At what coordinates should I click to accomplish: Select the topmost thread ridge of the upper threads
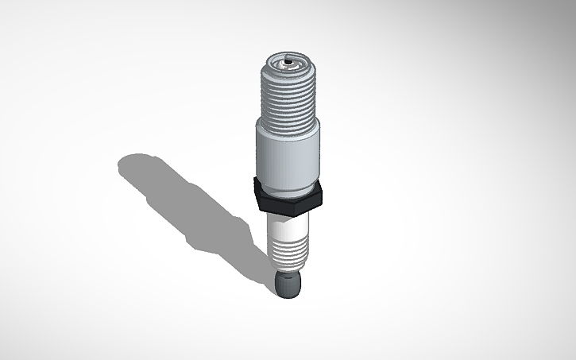click(288, 68)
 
